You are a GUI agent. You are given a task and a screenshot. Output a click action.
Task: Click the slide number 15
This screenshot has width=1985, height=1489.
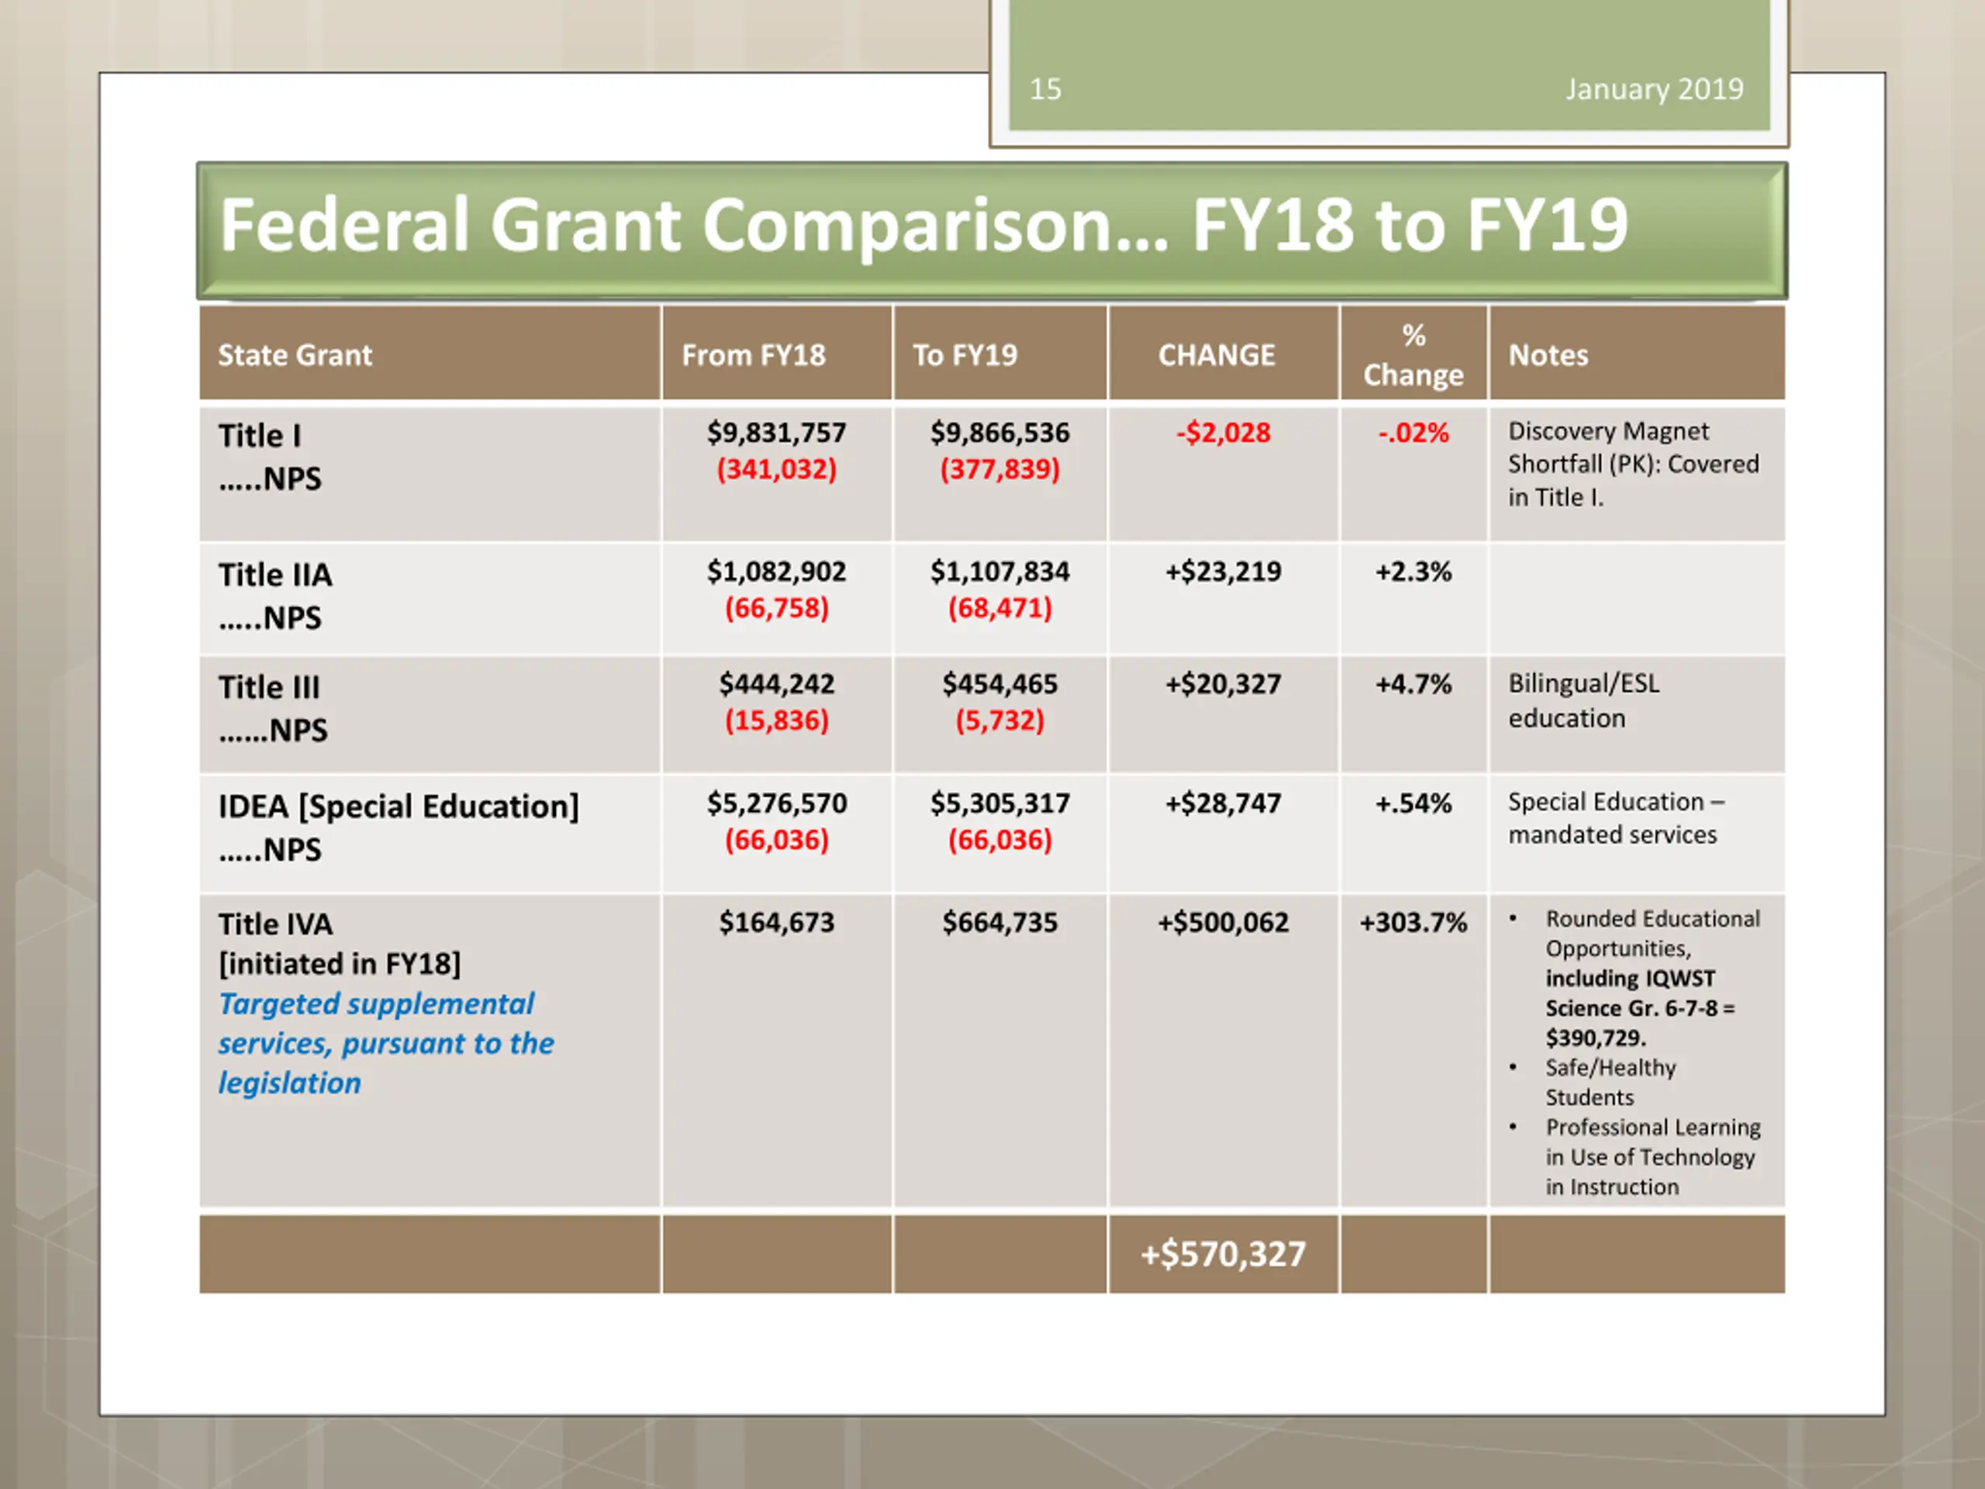(x=1044, y=89)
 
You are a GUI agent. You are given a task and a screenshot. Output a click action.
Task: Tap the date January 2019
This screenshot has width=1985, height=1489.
(x=1654, y=89)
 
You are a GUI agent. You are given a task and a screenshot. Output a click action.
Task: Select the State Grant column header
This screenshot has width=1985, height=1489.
(x=295, y=355)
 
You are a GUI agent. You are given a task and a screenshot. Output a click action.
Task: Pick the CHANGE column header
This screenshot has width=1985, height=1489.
(x=1216, y=355)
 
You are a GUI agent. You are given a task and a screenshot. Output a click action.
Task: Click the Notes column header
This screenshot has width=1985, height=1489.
(x=1548, y=355)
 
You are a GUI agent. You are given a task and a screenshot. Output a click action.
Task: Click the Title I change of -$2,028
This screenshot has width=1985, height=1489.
(x=1223, y=433)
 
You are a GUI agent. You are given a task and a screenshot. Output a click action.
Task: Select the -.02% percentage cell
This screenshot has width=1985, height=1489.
(x=1414, y=433)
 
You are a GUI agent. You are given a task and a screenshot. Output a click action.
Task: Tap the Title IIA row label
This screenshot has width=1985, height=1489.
(x=274, y=575)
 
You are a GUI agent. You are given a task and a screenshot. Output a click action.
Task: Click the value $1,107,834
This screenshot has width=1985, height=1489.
(x=999, y=572)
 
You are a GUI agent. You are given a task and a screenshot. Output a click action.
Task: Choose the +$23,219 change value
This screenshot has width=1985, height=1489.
(x=1223, y=572)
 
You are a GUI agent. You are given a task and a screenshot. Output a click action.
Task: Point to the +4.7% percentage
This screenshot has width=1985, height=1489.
(x=1414, y=684)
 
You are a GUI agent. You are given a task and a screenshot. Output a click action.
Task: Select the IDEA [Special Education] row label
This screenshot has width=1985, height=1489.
(x=399, y=806)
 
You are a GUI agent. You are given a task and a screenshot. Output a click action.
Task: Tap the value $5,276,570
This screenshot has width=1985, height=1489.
(x=776, y=803)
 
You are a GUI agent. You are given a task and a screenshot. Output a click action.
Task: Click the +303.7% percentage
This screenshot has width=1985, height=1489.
(x=1414, y=923)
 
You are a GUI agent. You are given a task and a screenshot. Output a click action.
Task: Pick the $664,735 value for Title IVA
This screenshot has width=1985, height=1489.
(x=999, y=923)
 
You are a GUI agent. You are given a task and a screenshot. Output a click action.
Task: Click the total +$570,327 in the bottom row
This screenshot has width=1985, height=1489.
(x=1223, y=1254)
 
